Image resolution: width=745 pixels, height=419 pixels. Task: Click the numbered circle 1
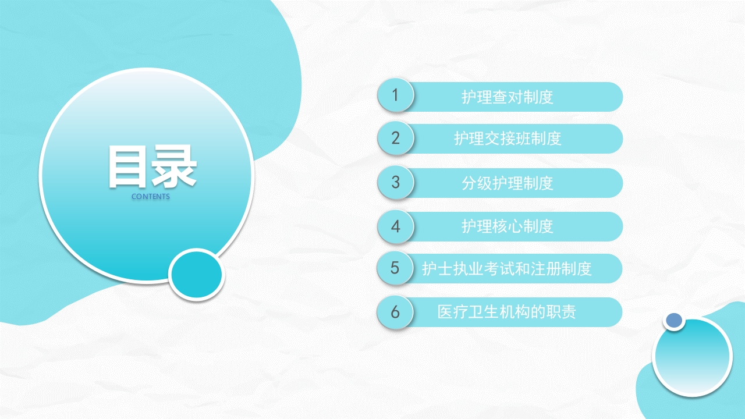(x=395, y=95)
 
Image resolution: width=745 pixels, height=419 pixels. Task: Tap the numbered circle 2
(x=395, y=138)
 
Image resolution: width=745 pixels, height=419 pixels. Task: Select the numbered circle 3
(x=395, y=182)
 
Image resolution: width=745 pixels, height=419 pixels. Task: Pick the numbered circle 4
(x=395, y=226)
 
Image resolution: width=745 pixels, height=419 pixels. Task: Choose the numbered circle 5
(x=395, y=268)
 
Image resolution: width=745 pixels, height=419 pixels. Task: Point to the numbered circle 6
(x=395, y=312)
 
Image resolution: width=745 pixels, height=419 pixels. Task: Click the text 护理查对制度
(x=507, y=97)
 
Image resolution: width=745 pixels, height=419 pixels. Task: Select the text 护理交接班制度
(x=507, y=139)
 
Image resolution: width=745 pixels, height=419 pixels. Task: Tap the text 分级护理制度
(x=507, y=183)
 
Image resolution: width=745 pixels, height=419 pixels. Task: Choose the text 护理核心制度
(x=507, y=226)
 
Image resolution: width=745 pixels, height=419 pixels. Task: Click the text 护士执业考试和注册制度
(x=506, y=268)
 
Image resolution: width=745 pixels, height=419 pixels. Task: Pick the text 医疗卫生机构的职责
(x=506, y=312)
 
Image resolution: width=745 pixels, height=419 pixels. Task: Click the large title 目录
(x=152, y=167)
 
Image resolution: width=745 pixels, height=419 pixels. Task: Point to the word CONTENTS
(x=151, y=197)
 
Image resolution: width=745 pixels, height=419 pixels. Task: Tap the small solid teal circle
(x=197, y=275)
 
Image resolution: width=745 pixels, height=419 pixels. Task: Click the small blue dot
(x=674, y=319)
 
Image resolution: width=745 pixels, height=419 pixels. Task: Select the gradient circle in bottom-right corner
(x=692, y=357)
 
